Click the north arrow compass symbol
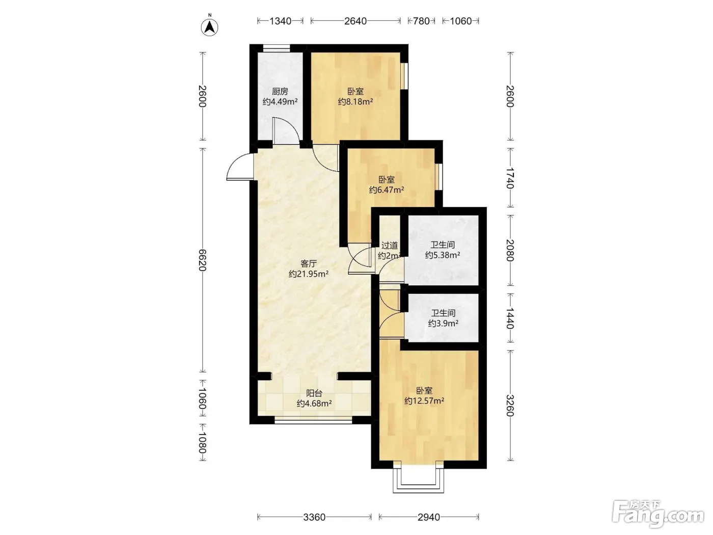(209, 28)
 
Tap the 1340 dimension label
(280, 21)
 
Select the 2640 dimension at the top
(355, 21)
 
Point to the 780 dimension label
(421, 21)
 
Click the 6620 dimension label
(202, 260)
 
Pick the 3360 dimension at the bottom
(314, 517)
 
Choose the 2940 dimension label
(429, 517)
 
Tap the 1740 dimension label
(510, 178)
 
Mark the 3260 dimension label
(510, 406)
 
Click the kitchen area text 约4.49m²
(280, 102)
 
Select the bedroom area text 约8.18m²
(355, 102)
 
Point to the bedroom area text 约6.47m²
(387, 190)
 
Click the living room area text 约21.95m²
(309, 274)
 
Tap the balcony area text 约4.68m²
(314, 404)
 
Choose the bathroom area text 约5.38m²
(443, 255)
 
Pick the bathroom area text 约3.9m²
(443, 323)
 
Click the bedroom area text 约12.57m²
(424, 401)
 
